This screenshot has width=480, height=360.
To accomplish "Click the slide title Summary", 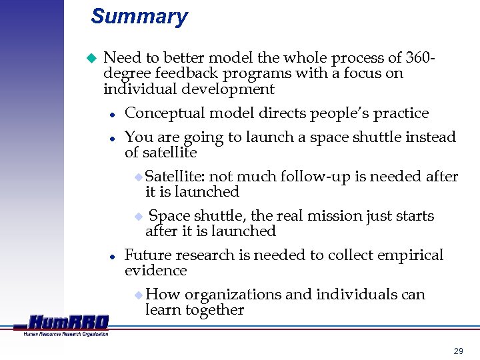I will (x=139, y=17).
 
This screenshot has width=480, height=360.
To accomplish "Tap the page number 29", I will (x=458, y=350).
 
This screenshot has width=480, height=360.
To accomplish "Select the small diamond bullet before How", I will (x=138, y=295).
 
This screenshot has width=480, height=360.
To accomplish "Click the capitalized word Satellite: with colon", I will (x=175, y=177).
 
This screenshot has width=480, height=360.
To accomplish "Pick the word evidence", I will (x=155, y=271).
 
